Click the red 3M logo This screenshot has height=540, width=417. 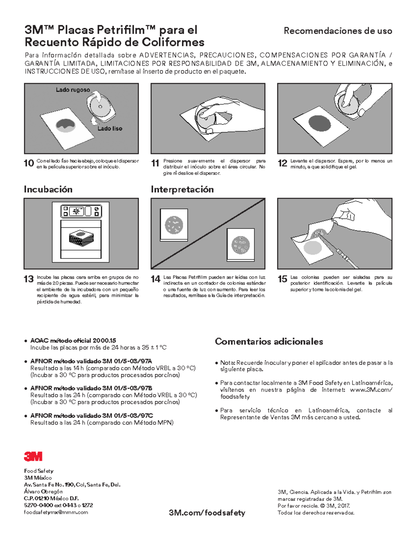33,456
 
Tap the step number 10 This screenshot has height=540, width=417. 29,163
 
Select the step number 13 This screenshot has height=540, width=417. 29,279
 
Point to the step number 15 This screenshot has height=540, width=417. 282,279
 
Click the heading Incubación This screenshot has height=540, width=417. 48,190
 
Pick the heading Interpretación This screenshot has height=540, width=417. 182,190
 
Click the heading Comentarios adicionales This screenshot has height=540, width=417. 269,341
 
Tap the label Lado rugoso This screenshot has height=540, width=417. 73,90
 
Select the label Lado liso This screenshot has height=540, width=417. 109,129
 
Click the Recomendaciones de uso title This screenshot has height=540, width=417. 338,31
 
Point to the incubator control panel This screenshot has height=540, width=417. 81,211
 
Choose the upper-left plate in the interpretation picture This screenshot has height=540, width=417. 174,224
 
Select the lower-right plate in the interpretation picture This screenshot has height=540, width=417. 240,244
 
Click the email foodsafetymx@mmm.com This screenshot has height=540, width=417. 56,512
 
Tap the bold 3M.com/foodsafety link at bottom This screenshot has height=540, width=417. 207,513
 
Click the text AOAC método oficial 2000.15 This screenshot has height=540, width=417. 73,341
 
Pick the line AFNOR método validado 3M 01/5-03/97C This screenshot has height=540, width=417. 91,416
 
